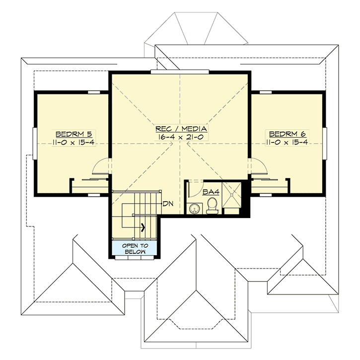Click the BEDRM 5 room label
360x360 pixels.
click(72, 134)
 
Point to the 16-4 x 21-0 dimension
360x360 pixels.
click(180, 136)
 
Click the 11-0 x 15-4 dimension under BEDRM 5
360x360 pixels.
click(72, 143)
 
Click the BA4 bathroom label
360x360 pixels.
click(209, 191)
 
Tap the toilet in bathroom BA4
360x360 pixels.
click(212, 205)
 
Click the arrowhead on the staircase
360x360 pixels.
click(143, 228)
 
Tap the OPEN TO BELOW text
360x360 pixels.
click(135, 249)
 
